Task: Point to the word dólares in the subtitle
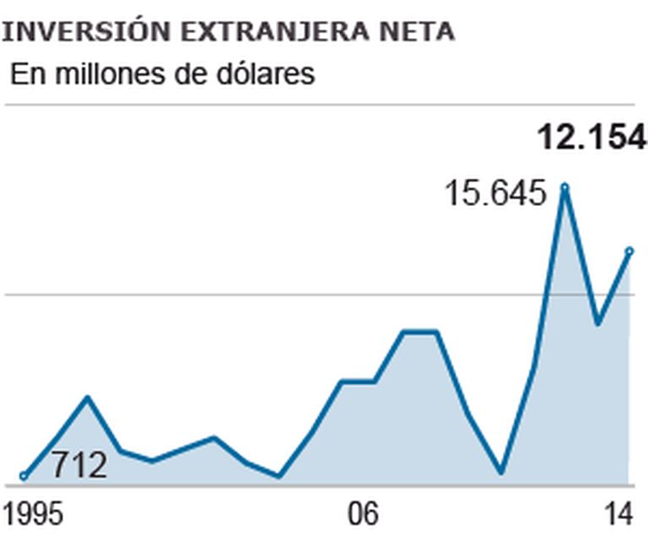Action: click(266, 73)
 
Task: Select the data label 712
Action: click(79, 465)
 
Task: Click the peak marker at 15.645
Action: click(564, 186)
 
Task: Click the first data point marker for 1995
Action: click(24, 477)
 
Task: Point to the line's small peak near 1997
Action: click(88, 397)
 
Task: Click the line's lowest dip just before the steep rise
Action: click(501, 472)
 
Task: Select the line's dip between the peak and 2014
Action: click(597, 323)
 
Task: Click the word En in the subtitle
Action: click(25, 73)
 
